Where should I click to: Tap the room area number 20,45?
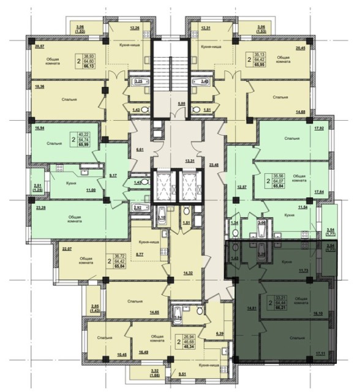(x=317, y=47)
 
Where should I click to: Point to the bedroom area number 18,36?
(x=40, y=87)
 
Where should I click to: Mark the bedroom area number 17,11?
(x=320, y=353)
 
